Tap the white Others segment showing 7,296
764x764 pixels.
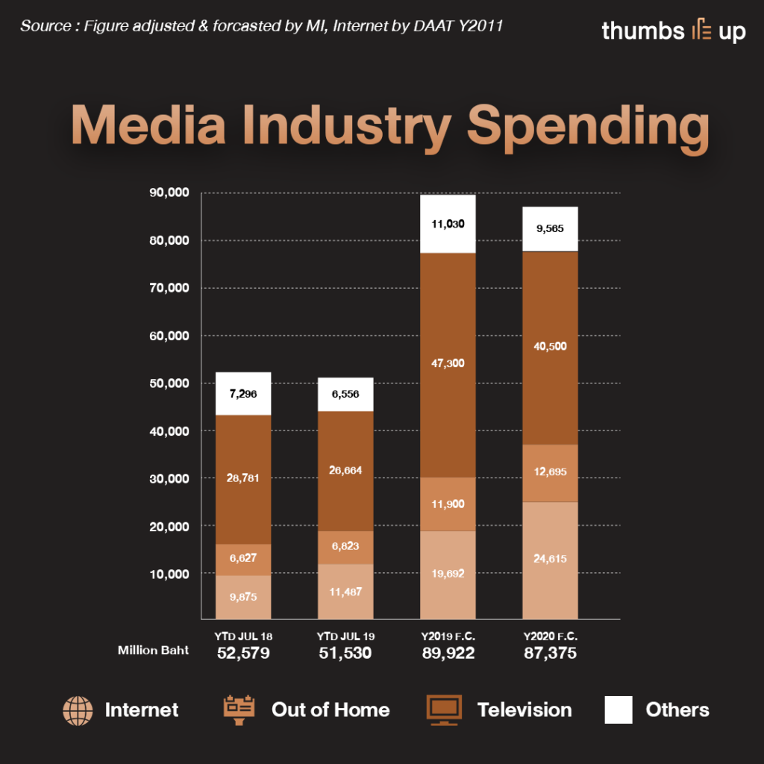pyautogui.click(x=243, y=393)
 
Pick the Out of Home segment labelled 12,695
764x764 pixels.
pyautogui.click(x=550, y=473)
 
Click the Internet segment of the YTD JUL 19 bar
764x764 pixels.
pyautogui.click(x=345, y=591)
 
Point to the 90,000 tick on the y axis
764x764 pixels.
pyautogui.click(x=170, y=193)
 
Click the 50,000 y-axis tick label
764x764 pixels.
pyautogui.click(x=170, y=383)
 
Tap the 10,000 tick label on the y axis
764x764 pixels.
pyautogui.click(x=170, y=574)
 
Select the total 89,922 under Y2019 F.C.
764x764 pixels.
pyautogui.click(x=448, y=654)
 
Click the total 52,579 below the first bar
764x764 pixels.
pyautogui.click(x=243, y=654)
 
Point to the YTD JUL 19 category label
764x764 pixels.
pyautogui.click(x=345, y=636)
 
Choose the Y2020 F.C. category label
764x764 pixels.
pyautogui.click(x=551, y=636)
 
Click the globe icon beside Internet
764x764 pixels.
pyautogui.click(x=78, y=710)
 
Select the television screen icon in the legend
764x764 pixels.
pyautogui.click(x=443, y=710)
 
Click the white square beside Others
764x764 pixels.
pyautogui.click(x=619, y=710)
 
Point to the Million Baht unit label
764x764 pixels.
pyautogui.click(x=153, y=651)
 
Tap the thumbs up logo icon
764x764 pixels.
pyautogui.click(x=701, y=31)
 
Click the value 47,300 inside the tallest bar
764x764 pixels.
pyautogui.click(x=448, y=363)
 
